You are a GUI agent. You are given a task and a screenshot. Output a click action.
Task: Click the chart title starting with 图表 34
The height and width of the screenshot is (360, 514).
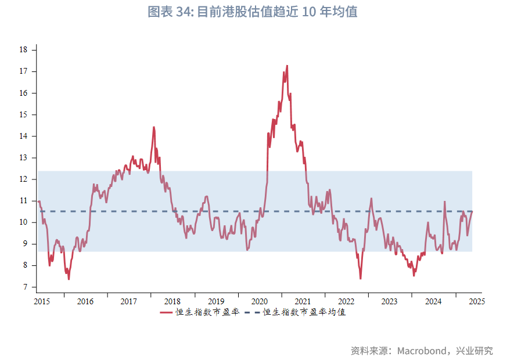click(x=252, y=12)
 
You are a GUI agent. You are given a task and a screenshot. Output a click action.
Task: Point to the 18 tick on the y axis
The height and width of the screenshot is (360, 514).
click(x=23, y=50)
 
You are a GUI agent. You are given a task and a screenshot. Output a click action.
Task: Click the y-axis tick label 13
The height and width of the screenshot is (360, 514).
click(x=23, y=158)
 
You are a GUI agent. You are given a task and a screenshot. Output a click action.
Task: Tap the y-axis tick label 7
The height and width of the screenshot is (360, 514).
click(x=25, y=287)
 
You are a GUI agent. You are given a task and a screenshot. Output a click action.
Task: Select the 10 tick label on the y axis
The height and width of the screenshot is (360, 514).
click(x=23, y=222)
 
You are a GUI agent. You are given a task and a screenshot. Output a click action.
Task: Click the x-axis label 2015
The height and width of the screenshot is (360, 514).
click(x=41, y=301)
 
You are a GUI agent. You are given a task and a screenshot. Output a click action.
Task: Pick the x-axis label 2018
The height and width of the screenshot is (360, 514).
click(x=172, y=301)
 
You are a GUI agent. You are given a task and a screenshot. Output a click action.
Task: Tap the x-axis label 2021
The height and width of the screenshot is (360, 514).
click(x=303, y=301)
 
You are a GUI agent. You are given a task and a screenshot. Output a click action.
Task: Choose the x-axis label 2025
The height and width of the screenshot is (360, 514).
click(x=476, y=301)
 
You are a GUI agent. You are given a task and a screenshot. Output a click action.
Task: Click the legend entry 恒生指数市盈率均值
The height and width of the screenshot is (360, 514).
click(x=304, y=312)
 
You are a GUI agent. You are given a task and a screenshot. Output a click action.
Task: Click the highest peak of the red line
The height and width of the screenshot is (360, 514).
click(x=287, y=66)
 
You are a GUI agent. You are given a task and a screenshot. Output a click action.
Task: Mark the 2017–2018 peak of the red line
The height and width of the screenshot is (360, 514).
click(x=154, y=127)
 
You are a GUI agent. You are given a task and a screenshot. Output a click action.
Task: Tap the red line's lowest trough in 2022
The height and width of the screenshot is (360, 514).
click(x=361, y=279)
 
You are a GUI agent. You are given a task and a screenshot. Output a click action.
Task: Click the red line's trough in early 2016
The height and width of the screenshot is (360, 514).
click(x=69, y=279)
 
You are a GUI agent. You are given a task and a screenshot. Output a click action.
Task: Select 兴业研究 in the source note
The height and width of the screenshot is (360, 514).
click(x=475, y=351)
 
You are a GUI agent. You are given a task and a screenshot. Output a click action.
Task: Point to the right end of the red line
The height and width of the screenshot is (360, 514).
click(x=472, y=211)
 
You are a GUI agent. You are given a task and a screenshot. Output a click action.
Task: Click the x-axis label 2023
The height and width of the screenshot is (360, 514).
click(x=389, y=301)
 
